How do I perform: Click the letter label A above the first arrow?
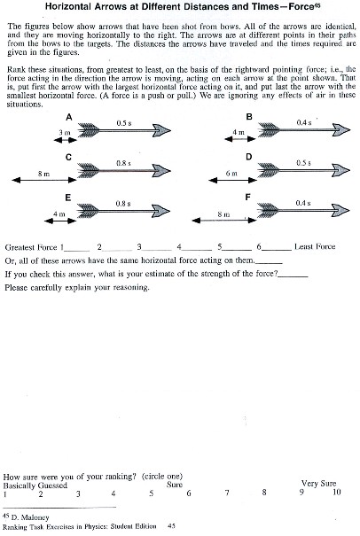click(x=68, y=116)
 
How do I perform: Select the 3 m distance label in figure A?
click(x=62, y=132)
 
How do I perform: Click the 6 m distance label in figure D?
click(x=231, y=174)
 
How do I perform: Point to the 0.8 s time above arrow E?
click(x=123, y=204)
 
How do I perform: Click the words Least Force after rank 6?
click(x=313, y=246)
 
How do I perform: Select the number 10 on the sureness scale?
click(x=336, y=492)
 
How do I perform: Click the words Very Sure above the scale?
click(x=320, y=483)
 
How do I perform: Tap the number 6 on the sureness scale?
click(x=188, y=493)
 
